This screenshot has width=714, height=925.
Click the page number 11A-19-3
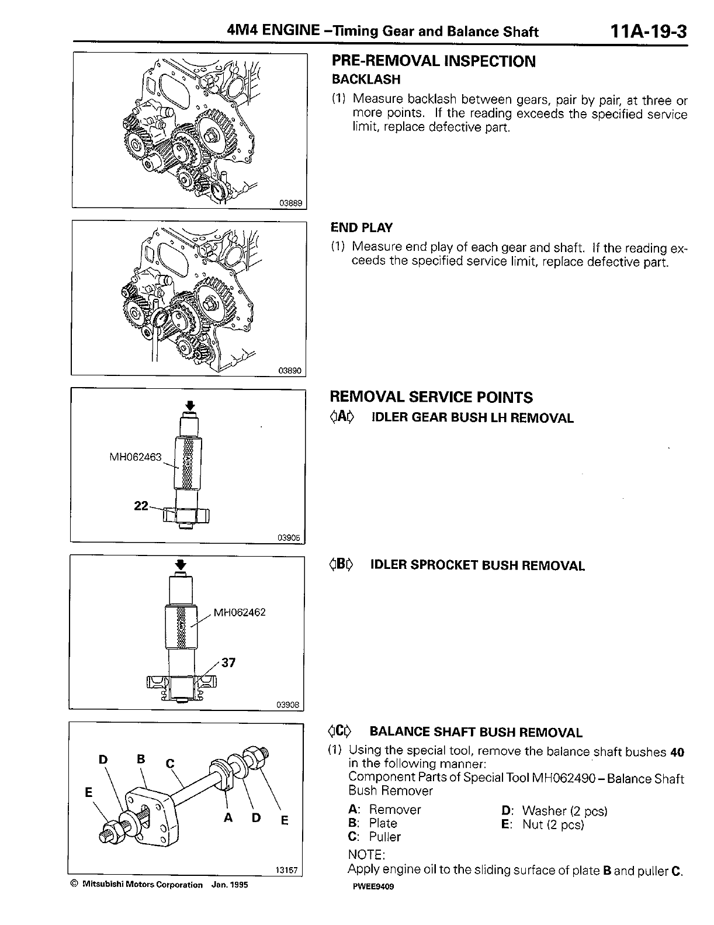[x=647, y=30]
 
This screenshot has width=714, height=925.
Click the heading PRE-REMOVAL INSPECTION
[x=433, y=61]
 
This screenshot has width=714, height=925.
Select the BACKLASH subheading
[x=366, y=79]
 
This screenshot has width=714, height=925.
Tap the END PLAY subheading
[x=361, y=227]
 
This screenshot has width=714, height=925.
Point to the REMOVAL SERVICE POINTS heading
[x=431, y=398]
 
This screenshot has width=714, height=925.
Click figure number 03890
[x=290, y=371]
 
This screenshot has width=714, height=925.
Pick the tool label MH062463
[x=136, y=457]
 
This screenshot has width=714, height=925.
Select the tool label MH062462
[x=240, y=612]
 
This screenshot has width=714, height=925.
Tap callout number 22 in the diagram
[x=141, y=506]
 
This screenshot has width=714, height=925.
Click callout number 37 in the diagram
[x=228, y=662]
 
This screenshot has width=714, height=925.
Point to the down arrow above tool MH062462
[x=181, y=564]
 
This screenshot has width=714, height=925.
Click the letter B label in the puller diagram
[x=140, y=759]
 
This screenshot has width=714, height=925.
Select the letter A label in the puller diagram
[x=228, y=818]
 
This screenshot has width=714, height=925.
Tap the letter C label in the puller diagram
[x=170, y=763]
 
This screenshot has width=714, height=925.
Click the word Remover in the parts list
[x=395, y=810]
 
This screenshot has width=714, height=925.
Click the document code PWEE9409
[x=370, y=885]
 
